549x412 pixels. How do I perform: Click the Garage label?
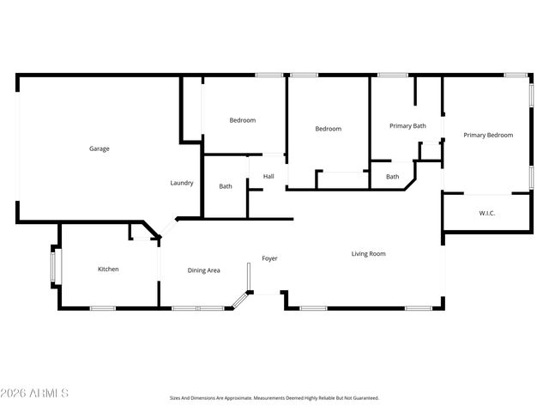pos(100,148)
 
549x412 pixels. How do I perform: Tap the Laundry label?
pos(182,183)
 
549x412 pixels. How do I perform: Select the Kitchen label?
pos(108,270)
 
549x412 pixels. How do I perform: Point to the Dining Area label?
pos(204,270)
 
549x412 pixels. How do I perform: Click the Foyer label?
pos(269,258)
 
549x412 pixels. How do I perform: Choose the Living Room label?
pos(368,253)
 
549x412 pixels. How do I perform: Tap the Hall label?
pos(268,177)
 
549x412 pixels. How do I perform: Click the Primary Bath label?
pos(407,126)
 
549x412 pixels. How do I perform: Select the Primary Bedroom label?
pos(488,135)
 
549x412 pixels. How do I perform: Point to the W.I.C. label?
pos(486,213)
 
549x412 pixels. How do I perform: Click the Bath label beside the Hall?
pos(226,186)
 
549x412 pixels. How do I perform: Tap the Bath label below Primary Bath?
pos(392,177)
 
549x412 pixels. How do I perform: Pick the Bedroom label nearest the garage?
pos(242,120)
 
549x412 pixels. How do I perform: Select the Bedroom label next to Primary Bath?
pos(328,129)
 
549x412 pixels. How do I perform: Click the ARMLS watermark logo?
pos(34,393)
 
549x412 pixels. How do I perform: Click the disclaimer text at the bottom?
pos(274,398)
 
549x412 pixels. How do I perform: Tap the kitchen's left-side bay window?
pos(54,266)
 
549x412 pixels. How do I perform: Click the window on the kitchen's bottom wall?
pos(103,308)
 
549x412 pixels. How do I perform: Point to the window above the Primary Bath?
pos(393,75)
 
